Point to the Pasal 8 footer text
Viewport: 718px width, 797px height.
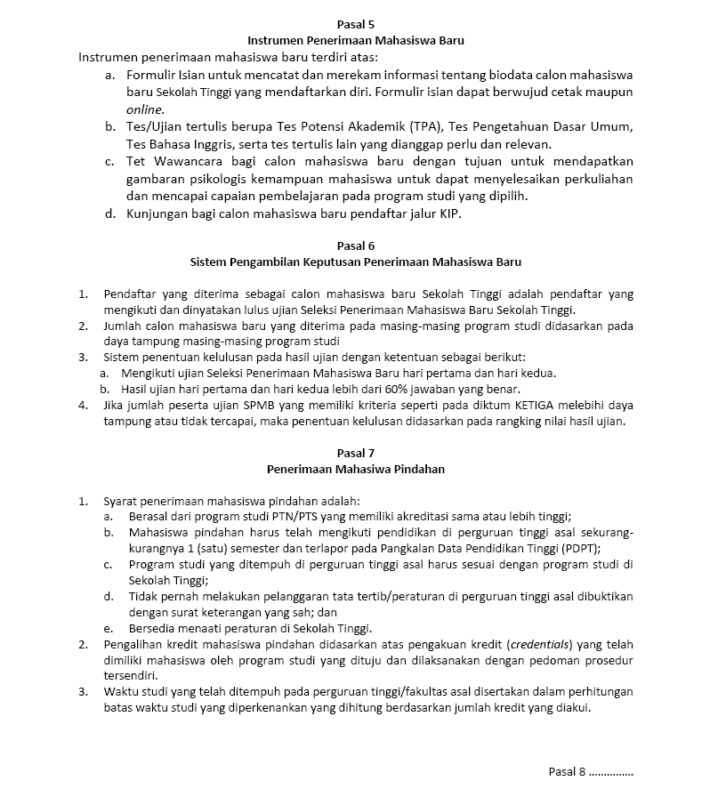click(591, 770)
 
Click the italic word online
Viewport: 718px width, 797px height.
click(145, 109)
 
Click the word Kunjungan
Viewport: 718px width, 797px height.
click(157, 214)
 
